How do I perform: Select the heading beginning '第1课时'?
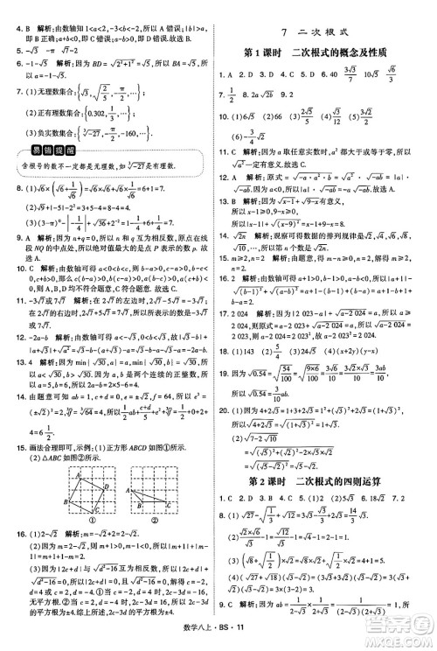[x=324, y=52]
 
